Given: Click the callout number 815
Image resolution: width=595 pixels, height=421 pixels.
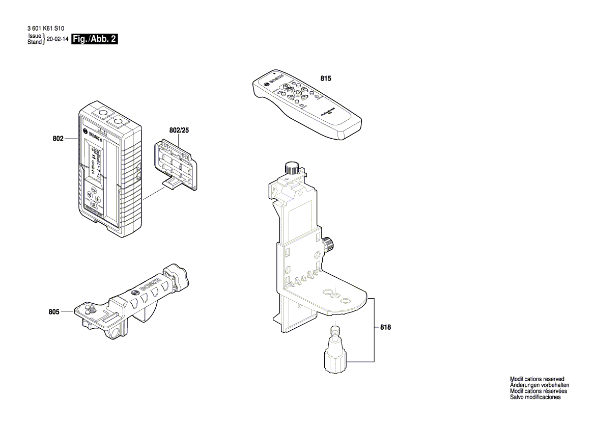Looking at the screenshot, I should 326,79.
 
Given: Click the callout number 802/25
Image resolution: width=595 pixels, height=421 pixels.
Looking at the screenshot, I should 179,131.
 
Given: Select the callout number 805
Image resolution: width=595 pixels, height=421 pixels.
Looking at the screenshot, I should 54,312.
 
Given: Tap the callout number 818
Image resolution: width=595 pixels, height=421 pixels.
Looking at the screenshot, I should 385,328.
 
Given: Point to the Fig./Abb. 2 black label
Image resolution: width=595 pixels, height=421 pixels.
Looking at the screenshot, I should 95,39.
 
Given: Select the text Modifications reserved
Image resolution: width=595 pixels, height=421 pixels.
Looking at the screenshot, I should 537,379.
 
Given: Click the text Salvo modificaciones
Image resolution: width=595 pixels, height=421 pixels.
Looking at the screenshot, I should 535,398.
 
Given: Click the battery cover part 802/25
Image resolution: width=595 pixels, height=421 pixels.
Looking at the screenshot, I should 176,166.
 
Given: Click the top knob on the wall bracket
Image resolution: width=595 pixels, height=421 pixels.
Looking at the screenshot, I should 292,168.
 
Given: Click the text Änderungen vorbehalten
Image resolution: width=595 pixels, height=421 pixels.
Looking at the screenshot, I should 540,385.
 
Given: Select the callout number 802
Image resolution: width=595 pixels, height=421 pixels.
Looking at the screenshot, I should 58,139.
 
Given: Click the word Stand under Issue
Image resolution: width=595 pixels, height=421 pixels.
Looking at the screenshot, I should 35,42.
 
